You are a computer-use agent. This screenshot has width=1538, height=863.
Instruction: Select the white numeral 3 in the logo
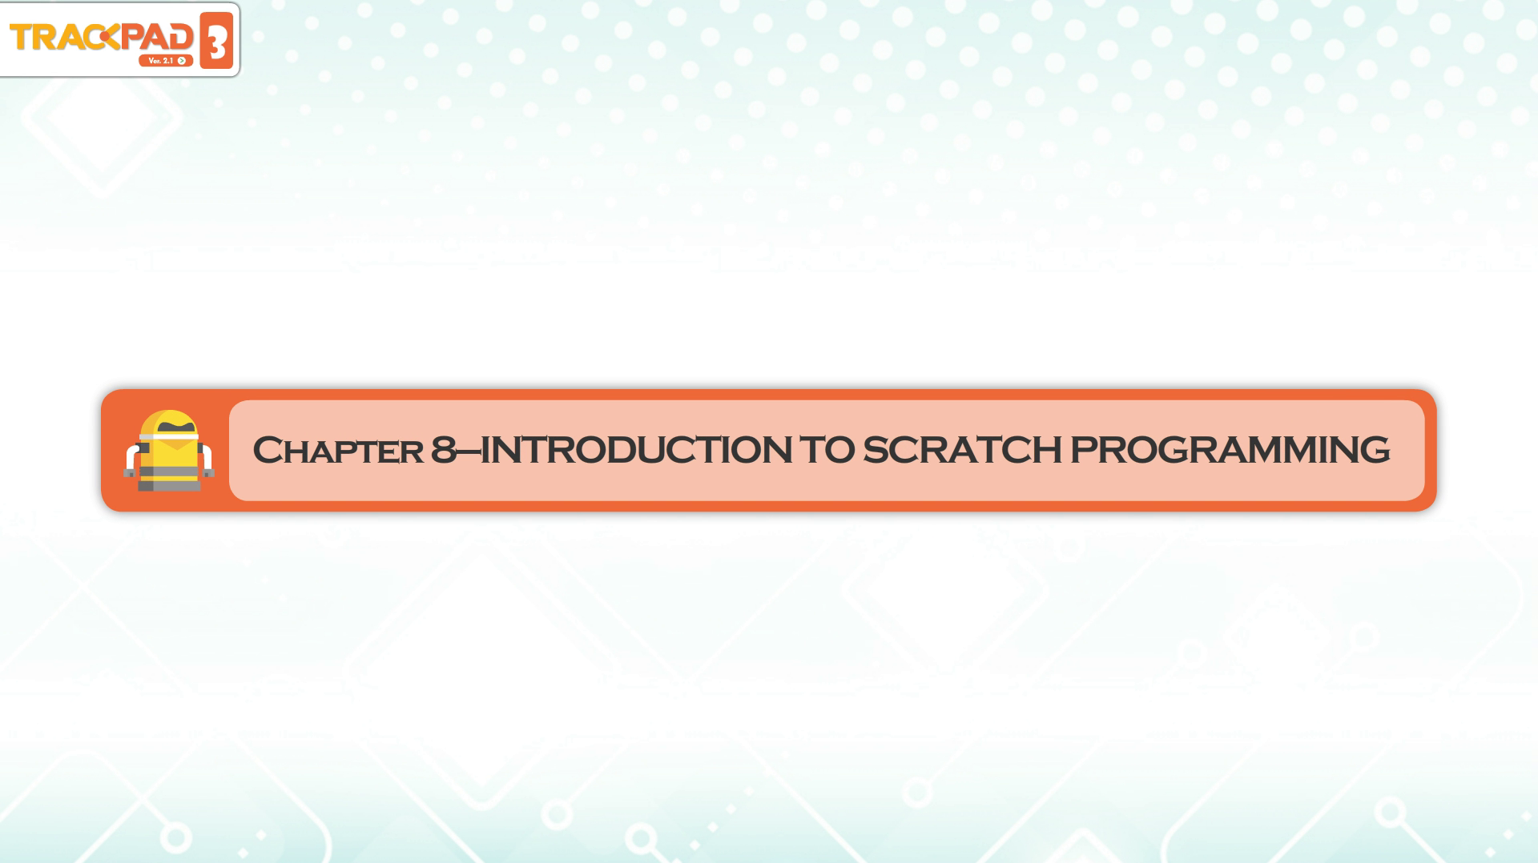(216, 41)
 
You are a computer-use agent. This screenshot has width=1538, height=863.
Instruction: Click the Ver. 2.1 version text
(160, 61)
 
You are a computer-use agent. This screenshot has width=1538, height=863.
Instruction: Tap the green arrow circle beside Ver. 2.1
(182, 61)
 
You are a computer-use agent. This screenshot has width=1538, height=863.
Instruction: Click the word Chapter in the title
(338, 450)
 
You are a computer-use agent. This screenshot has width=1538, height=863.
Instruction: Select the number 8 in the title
(444, 450)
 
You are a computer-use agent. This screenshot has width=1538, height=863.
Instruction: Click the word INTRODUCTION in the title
(636, 450)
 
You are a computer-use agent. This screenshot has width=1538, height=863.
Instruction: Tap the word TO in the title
(827, 450)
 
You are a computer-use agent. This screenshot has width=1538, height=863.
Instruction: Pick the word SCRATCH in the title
(962, 450)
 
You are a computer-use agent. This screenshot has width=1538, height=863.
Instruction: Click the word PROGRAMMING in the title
(1230, 450)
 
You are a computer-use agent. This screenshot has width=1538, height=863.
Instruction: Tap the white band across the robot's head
(169, 439)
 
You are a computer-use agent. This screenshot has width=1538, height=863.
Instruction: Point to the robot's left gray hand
(129, 473)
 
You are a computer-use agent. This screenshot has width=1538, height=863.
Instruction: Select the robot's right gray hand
(209, 473)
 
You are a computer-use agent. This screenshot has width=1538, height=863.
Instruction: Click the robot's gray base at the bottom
(169, 485)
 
